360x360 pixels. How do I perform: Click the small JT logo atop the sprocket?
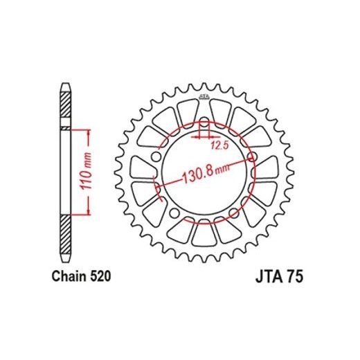[x=205, y=96]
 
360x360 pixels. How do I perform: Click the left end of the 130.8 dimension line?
[x=160, y=187]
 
